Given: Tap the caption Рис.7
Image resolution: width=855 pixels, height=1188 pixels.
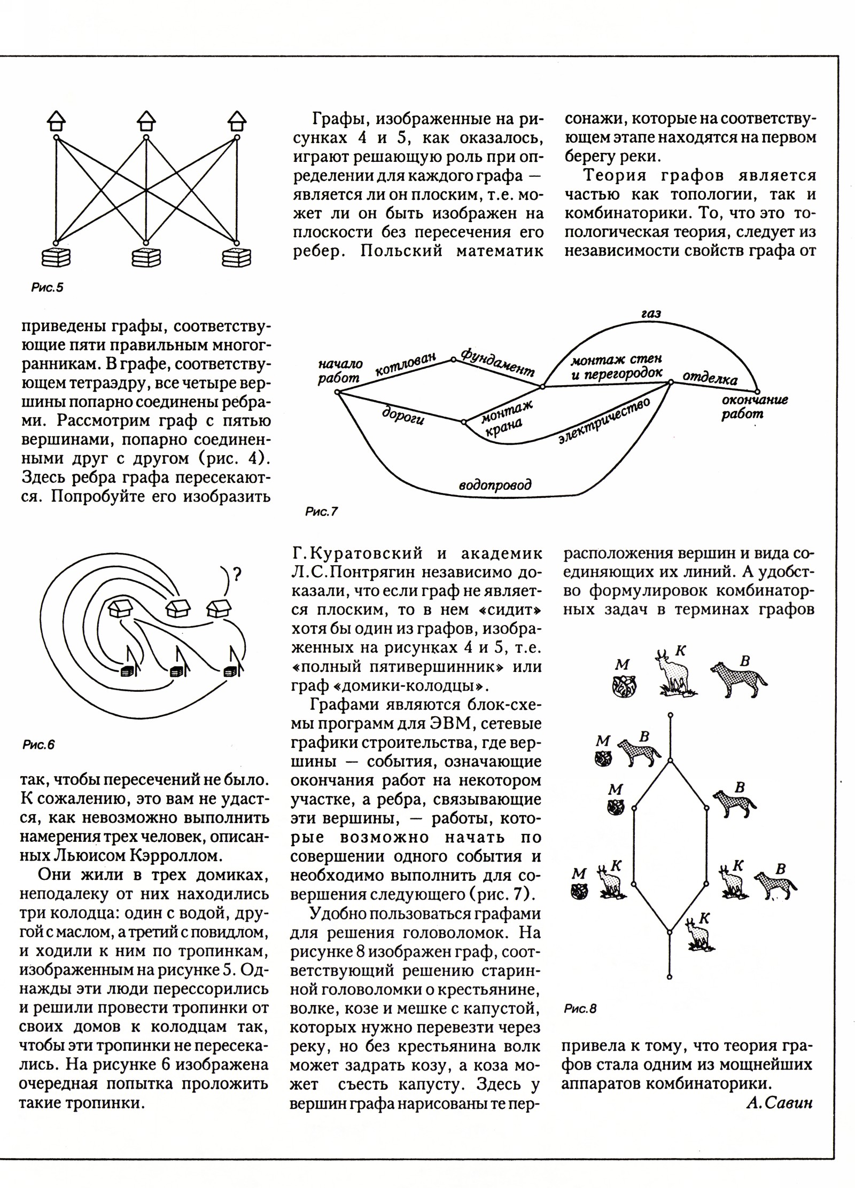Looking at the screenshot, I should coord(321,512).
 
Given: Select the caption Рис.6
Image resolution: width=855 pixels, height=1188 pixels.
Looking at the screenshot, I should coord(38,745).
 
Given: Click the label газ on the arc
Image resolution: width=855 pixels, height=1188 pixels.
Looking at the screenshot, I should coord(651,314).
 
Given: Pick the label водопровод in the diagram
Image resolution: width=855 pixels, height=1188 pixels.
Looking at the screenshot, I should coord(496,485).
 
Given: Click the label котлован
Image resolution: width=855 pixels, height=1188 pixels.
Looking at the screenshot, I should coord(406,364).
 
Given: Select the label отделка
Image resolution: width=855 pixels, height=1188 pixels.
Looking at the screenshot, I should coord(710,378).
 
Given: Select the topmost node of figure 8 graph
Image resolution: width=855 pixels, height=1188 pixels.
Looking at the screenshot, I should coord(670,715).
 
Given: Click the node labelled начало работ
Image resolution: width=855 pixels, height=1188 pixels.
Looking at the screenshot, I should coord(337,393).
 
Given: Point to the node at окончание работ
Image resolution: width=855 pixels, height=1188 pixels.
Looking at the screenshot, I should coord(757,392).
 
